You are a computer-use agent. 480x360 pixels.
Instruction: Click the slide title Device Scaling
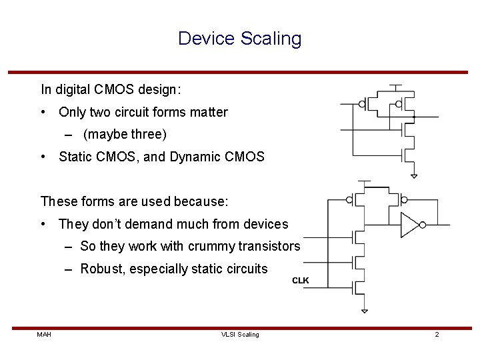239,39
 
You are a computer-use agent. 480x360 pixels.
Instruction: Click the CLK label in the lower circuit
301,281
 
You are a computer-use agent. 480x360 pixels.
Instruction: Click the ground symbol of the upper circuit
413,176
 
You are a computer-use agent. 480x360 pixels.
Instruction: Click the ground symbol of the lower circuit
364,311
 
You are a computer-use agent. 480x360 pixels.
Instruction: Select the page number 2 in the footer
437,334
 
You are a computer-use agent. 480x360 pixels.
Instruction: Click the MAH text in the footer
44,334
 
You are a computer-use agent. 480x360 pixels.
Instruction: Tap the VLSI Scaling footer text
240,334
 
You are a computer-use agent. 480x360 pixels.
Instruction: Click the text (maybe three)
125,135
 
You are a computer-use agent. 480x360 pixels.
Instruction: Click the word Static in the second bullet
75,157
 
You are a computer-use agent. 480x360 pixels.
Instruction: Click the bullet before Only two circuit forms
43,113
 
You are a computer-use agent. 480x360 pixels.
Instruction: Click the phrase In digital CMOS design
111,89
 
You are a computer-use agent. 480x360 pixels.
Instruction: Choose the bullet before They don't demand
43,225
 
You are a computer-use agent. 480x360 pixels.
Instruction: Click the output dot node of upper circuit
414,117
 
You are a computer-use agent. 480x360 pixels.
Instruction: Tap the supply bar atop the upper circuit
395,85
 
